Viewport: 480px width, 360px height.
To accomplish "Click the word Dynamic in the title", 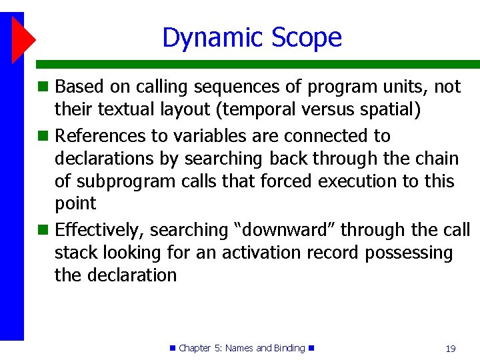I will point(207,38).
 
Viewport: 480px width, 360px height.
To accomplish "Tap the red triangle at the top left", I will point(23,39).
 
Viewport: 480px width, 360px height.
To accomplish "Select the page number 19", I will point(450,349).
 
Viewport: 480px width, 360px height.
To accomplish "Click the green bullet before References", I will point(43,136).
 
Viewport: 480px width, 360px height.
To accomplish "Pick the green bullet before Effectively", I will point(43,230).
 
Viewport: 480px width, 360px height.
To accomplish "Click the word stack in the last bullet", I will point(76,253).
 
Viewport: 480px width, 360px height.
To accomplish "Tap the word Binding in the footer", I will point(289,348).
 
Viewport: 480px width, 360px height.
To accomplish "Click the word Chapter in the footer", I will point(195,348).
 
